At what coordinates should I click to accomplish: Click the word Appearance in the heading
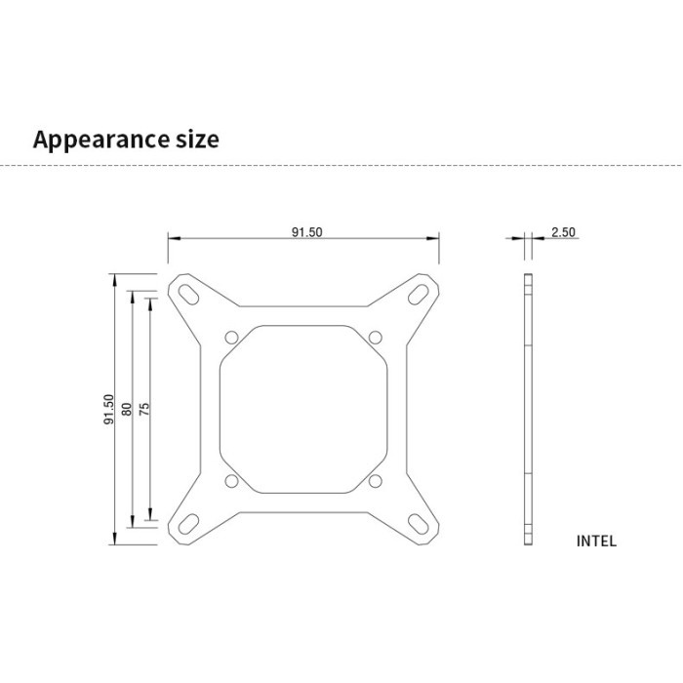pyautogui.click(x=101, y=141)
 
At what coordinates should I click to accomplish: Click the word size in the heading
pyautogui.click(x=197, y=140)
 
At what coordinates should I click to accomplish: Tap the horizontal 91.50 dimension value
pyautogui.click(x=307, y=232)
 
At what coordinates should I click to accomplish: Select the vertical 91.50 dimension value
pyautogui.click(x=108, y=410)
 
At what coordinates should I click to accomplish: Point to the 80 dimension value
pyautogui.click(x=126, y=409)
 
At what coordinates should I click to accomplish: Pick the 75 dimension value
pyautogui.click(x=143, y=409)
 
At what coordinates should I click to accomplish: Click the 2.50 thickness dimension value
pyautogui.click(x=564, y=232)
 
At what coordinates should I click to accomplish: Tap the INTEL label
pyautogui.click(x=596, y=541)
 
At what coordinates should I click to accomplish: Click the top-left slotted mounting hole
pyautogui.click(x=188, y=295)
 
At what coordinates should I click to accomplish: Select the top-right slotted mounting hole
pyautogui.click(x=419, y=295)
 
